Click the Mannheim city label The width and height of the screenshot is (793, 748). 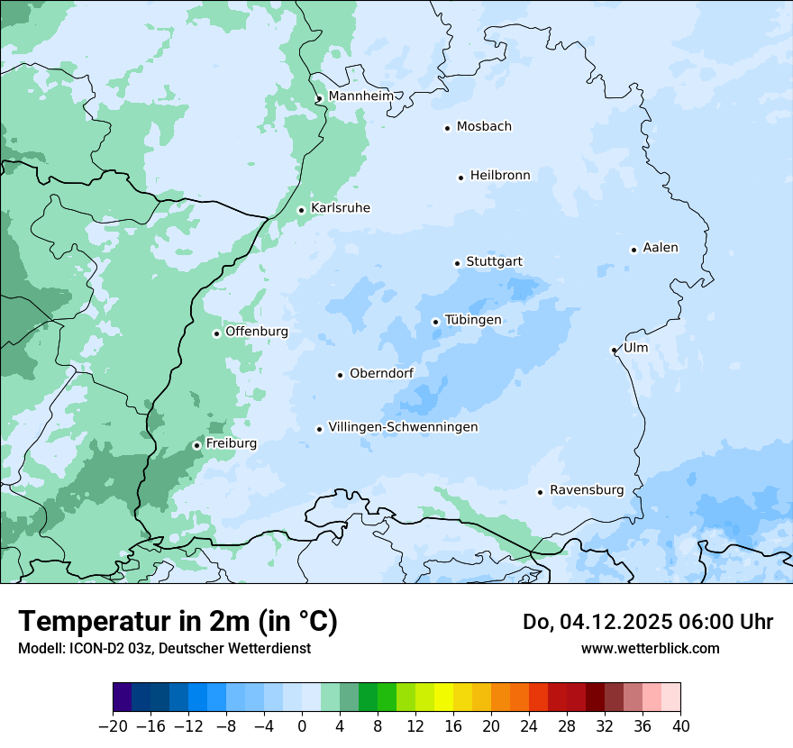(x=361, y=96)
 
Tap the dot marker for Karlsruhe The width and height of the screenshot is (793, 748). (x=302, y=210)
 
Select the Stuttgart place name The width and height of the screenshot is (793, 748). (x=494, y=261)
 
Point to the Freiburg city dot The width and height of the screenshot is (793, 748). (x=196, y=445)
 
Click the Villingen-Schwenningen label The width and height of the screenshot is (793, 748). (x=403, y=427)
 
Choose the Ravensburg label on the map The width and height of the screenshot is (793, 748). (x=586, y=490)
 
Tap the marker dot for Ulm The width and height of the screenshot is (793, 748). (x=614, y=350)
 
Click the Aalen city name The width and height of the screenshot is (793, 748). (x=661, y=248)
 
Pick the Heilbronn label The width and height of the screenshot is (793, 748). (x=500, y=176)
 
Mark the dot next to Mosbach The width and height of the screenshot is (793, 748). (x=447, y=128)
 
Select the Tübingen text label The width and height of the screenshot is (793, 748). (x=473, y=320)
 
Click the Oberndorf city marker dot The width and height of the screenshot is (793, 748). (x=340, y=375)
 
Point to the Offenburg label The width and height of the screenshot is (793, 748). (x=257, y=332)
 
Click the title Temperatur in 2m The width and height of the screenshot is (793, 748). (x=178, y=621)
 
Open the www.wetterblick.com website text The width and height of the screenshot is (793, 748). (x=650, y=648)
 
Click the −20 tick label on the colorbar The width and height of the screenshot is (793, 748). (x=113, y=726)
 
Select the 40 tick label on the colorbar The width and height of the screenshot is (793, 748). (x=680, y=726)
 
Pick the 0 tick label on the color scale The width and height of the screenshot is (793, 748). (x=302, y=726)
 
